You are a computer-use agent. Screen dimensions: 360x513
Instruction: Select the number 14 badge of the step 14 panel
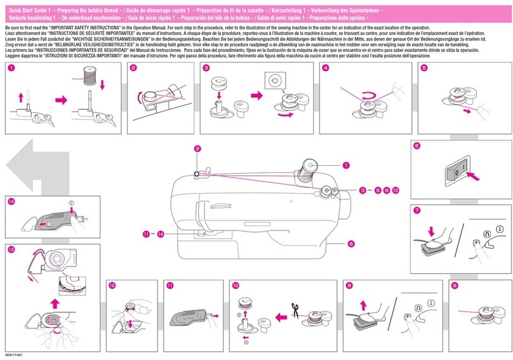11,202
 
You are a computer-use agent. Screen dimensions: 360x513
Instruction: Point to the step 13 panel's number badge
11,250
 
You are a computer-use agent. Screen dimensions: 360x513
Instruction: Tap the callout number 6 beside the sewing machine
350,243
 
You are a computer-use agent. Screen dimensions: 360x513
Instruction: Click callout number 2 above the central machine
197,149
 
